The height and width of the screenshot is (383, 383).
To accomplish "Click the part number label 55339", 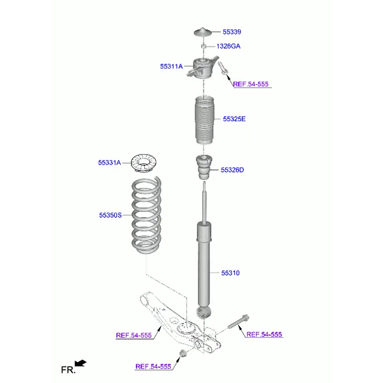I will (232, 32).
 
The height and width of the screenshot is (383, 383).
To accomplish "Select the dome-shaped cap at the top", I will (203, 33).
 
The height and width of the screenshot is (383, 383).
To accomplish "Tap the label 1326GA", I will (228, 47).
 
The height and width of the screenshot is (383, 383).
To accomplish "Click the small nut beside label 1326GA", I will (203, 47).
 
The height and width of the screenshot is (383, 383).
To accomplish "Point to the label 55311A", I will (171, 66).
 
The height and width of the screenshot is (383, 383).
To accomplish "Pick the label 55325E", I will (234, 119).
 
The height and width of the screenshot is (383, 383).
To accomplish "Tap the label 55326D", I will (232, 170).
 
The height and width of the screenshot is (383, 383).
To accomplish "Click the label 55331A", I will (109, 163).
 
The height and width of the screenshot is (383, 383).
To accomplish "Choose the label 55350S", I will (110, 216).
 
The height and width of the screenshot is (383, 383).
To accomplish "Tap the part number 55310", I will (230, 273).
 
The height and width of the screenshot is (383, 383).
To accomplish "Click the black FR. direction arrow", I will (80, 364).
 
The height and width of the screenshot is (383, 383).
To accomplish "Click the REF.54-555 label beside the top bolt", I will (251, 84).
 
